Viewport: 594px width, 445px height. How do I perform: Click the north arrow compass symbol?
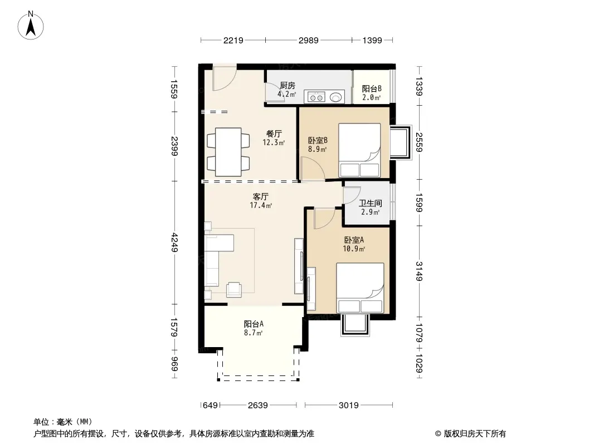[x=31, y=26]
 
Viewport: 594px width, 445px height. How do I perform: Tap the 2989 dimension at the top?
[x=308, y=40]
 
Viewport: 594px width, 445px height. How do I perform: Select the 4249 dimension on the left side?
[x=174, y=242]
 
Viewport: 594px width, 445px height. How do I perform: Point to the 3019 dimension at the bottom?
[x=348, y=406]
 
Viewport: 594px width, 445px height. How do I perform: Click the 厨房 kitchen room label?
[x=287, y=86]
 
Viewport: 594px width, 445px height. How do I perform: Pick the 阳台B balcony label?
[x=372, y=89]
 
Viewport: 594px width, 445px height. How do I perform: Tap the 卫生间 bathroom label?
[x=370, y=204]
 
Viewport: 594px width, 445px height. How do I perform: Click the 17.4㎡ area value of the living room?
[x=261, y=206]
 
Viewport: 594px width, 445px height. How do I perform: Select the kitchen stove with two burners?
[x=317, y=97]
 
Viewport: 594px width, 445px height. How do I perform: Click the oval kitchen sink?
[x=336, y=97]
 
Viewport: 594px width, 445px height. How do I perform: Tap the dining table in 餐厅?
[x=228, y=152]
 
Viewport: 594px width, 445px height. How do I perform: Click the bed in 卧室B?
[x=359, y=150]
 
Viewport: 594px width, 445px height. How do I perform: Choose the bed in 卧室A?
[x=360, y=288]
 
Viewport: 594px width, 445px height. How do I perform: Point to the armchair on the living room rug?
[x=234, y=290]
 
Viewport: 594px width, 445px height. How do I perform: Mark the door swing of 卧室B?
[x=313, y=169]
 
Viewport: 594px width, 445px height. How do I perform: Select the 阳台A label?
[x=254, y=324]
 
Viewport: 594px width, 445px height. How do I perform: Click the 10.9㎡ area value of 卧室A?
[x=354, y=249]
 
